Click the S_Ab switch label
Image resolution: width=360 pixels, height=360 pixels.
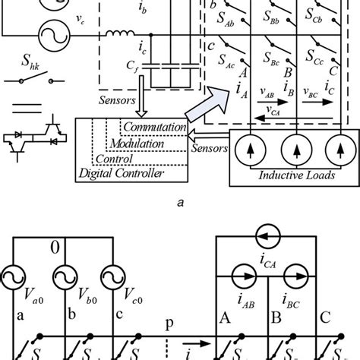point(231,16)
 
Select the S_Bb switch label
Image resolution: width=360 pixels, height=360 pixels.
point(274,16)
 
